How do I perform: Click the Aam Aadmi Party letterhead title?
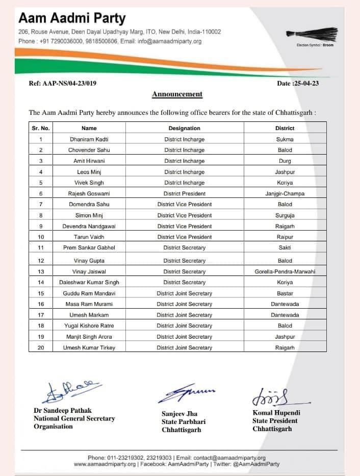pyautogui.click(x=72, y=19)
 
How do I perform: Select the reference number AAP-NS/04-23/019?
pyautogui.click(x=63, y=84)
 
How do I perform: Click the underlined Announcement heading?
pyautogui.click(x=177, y=94)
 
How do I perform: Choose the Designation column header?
pyautogui.click(x=184, y=128)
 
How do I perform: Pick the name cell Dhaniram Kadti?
pyautogui.click(x=89, y=139)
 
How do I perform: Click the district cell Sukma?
pyautogui.click(x=285, y=139)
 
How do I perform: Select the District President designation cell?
pyautogui.click(x=184, y=193)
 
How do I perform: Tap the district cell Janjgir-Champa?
pyautogui.click(x=285, y=193)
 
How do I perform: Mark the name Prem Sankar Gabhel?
pyautogui.click(x=89, y=247)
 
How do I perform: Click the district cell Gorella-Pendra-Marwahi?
pyautogui.click(x=285, y=272)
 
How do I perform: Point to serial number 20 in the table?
pyautogui.click(x=41, y=347)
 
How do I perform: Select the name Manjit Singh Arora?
pyautogui.click(x=89, y=337)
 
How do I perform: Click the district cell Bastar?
pyautogui.click(x=285, y=293)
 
